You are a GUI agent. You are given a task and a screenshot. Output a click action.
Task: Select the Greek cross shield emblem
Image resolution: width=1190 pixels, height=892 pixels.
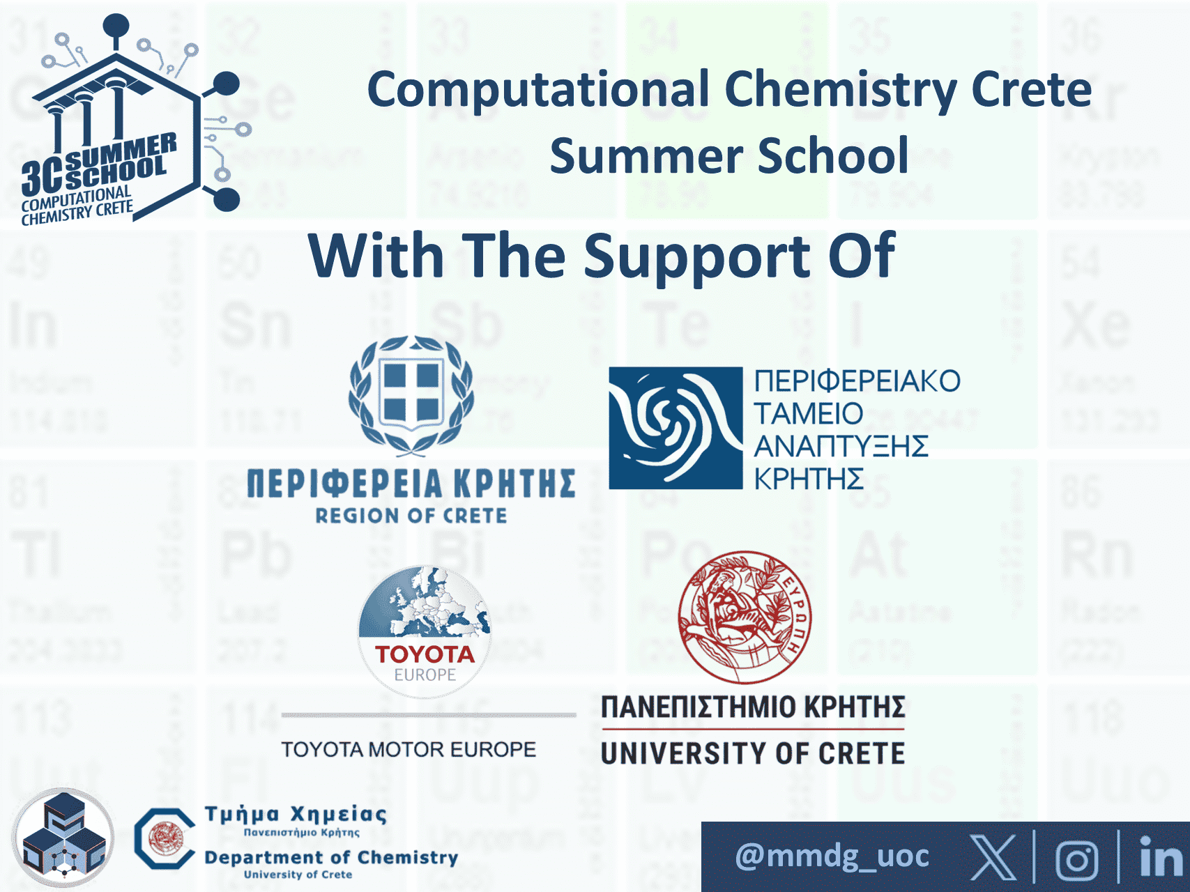click(411, 394)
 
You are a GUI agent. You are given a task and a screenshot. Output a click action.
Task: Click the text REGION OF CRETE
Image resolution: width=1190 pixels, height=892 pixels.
click(411, 516)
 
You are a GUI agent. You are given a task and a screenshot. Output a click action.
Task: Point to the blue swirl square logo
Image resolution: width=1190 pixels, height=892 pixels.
click(675, 428)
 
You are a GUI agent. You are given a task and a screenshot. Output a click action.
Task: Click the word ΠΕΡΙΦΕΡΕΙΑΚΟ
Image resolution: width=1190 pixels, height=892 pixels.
click(857, 381)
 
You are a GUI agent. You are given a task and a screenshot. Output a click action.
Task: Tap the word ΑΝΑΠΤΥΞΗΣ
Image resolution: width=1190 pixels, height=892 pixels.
click(841, 446)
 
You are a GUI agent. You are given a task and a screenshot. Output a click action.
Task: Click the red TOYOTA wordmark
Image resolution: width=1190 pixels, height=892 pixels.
click(425, 654)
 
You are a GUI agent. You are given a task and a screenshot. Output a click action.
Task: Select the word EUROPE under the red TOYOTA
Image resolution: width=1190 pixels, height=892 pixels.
click(425, 675)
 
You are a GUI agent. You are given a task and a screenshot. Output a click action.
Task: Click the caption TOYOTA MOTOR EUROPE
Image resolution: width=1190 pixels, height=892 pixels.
click(409, 749)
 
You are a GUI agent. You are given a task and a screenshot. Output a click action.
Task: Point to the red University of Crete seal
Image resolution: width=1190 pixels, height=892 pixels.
click(745, 617)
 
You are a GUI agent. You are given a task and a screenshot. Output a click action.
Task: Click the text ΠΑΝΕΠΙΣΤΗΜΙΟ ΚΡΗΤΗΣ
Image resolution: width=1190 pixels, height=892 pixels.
click(753, 707)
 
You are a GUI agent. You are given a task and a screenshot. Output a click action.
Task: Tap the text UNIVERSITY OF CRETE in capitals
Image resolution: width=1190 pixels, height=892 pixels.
click(753, 753)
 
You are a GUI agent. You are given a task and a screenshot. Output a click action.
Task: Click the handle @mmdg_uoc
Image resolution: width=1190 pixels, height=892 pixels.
click(832, 856)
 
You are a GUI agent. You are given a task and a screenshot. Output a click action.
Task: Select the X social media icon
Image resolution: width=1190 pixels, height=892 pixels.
click(993, 857)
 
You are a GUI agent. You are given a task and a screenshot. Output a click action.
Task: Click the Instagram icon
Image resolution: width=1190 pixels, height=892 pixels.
click(1077, 859)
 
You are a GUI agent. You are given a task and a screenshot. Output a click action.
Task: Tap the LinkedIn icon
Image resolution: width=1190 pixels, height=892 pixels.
click(1160, 857)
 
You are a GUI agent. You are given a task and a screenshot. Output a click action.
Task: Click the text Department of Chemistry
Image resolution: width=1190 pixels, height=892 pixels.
click(331, 857)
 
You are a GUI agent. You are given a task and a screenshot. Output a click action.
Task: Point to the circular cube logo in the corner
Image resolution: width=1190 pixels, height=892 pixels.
click(63, 838)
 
